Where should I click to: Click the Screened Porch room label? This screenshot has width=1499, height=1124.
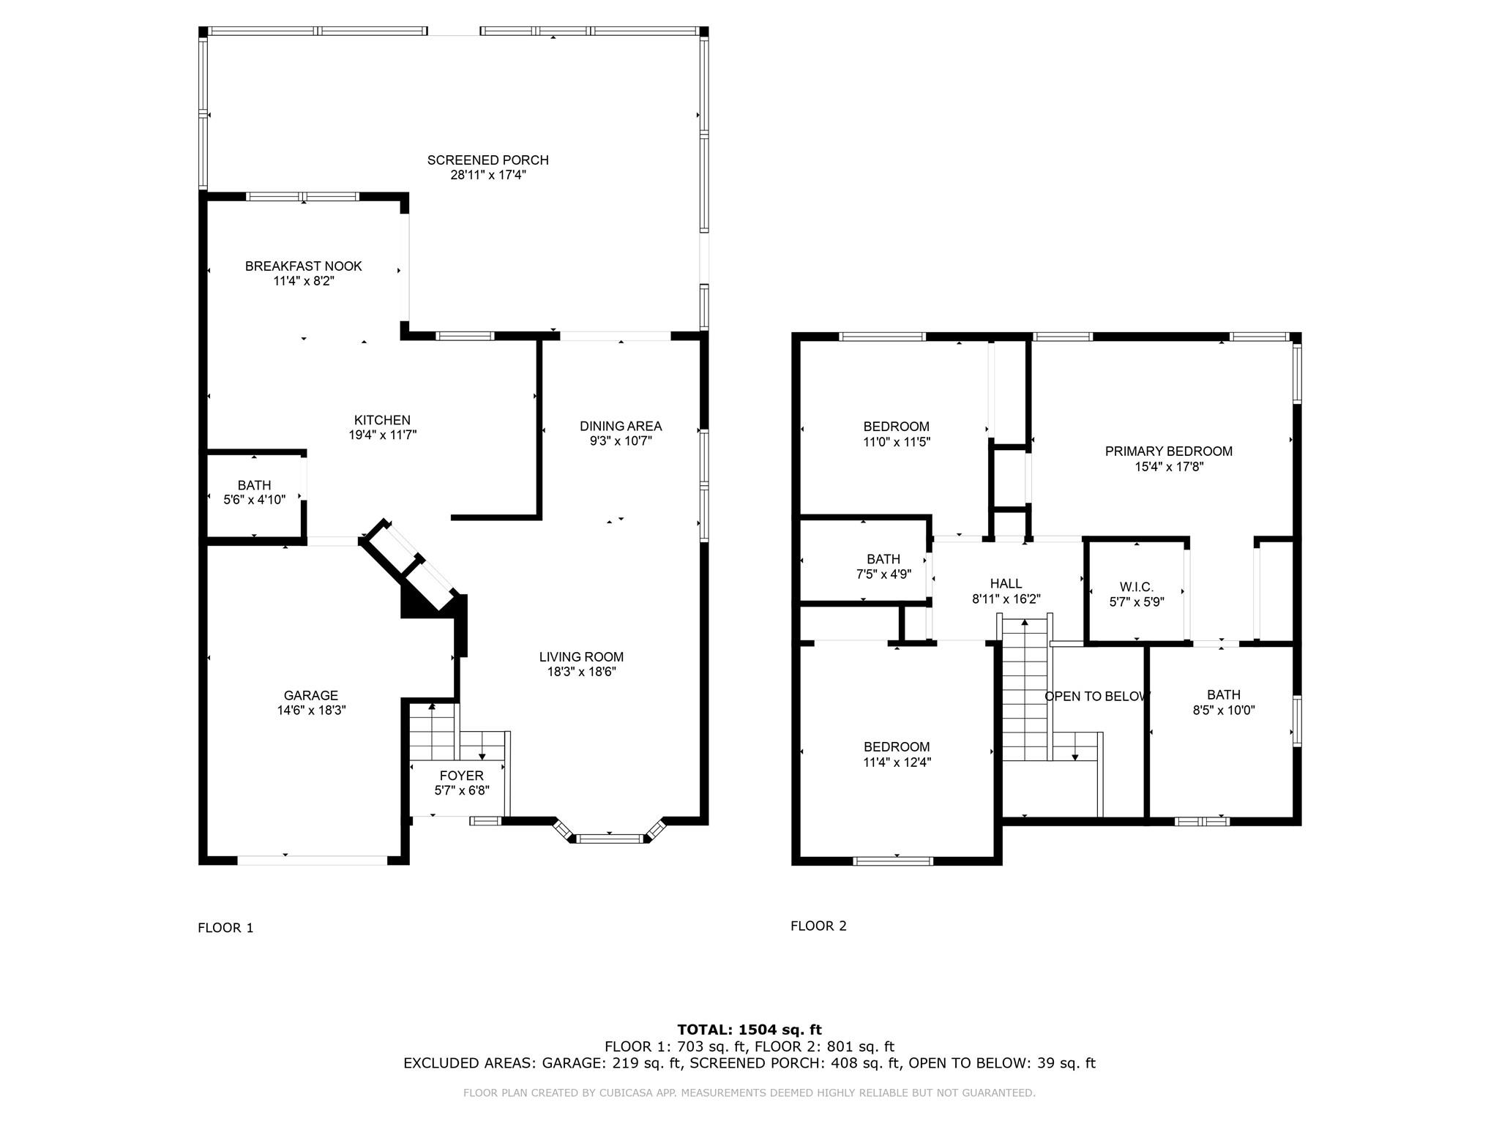[487, 160]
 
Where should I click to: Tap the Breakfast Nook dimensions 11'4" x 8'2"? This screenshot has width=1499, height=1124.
[303, 281]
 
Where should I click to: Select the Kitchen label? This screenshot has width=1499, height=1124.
[382, 420]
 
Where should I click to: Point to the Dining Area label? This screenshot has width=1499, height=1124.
[621, 426]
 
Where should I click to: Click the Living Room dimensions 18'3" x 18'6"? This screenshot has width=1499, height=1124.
[581, 672]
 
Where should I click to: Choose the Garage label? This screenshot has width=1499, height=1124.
[311, 695]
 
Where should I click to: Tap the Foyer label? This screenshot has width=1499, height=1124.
[461, 776]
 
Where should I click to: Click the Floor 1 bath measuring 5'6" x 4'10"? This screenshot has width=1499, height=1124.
[254, 492]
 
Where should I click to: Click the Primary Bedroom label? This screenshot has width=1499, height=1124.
[1168, 452]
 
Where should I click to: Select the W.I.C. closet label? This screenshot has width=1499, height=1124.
[1136, 587]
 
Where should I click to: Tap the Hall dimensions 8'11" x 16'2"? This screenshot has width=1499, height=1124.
[1006, 599]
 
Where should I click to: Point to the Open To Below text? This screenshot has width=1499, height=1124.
[1096, 696]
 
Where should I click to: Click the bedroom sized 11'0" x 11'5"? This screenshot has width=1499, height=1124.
[896, 434]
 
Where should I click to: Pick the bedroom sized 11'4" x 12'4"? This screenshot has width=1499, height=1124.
[897, 754]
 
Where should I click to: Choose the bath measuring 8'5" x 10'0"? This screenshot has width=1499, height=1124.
[1224, 702]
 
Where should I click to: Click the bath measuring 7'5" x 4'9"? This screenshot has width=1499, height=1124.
[883, 566]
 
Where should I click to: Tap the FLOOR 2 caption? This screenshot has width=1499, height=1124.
[818, 926]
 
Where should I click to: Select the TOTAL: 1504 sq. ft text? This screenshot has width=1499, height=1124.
[749, 1030]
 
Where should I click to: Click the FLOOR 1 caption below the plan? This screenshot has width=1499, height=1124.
[225, 928]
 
